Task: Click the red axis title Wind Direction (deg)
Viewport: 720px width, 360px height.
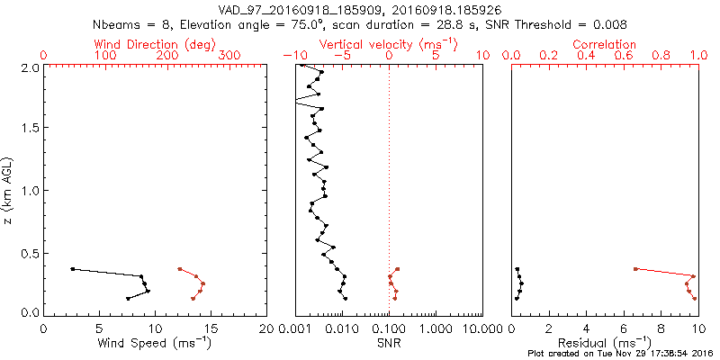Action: pos(156,44)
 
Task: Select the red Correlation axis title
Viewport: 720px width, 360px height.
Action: pos(604,44)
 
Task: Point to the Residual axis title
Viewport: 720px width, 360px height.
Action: pos(604,343)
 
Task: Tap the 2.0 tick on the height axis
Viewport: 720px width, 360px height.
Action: pos(31,67)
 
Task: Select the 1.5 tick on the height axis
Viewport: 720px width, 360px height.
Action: pos(31,129)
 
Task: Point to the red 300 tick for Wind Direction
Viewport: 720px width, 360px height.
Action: pos(229,56)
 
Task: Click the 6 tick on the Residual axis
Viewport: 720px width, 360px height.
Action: pos(623,329)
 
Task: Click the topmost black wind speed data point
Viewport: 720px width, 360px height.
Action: pos(73,269)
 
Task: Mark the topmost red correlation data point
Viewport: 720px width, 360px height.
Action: pos(635,269)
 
